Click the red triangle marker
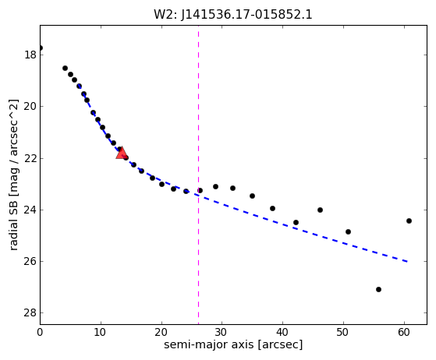(x=122, y=153)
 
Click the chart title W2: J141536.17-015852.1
(x=233, y=15)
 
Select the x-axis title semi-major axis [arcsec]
(x=233, y=344)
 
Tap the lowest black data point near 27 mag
(x=378, y=289)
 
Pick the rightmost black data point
(x=409, y=221)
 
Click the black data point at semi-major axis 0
(x=41, y=48)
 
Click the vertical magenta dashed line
(x=198, y=175)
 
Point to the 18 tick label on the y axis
(x=30, y=55)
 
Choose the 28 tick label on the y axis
(x=30, y=313)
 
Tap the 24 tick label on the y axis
(x=30, y=210)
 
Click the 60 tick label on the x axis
(x=404, y=332)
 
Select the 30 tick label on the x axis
(x=222, y=332)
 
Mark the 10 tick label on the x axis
(x=101, y=332)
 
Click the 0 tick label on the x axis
(x=40, y=332)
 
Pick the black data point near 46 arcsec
(x=320, y=210)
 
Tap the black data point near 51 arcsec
(x=348, y=231)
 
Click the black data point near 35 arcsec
(x=252, y=196)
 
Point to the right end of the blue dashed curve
(x=408, y=262)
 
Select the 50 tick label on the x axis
(x=343, y=332)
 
